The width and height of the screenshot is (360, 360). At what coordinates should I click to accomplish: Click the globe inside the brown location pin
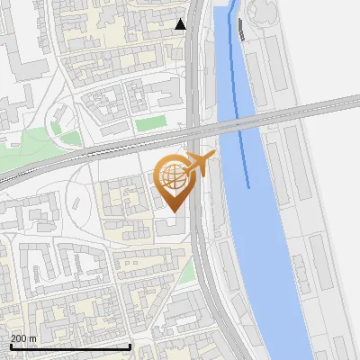point(172,177)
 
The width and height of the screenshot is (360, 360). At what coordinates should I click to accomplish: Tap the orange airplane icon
point(200,163)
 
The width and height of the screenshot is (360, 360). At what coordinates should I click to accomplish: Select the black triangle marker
point(181,24)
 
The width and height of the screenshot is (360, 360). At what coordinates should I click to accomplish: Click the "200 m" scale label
point(23,338)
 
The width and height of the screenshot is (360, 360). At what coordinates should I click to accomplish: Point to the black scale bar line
point(70,346)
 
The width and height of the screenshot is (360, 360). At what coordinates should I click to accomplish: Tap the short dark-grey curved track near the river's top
point(243,30)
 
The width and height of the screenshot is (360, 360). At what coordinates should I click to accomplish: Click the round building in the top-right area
point(262,11)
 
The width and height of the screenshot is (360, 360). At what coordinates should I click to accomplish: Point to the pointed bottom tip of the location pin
point(172,211)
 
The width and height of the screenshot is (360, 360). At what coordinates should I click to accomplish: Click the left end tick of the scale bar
point(10,346)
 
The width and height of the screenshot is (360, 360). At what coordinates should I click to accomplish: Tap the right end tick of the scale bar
point(130,346)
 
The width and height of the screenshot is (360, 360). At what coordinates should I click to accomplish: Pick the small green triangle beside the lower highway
point(187,274)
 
